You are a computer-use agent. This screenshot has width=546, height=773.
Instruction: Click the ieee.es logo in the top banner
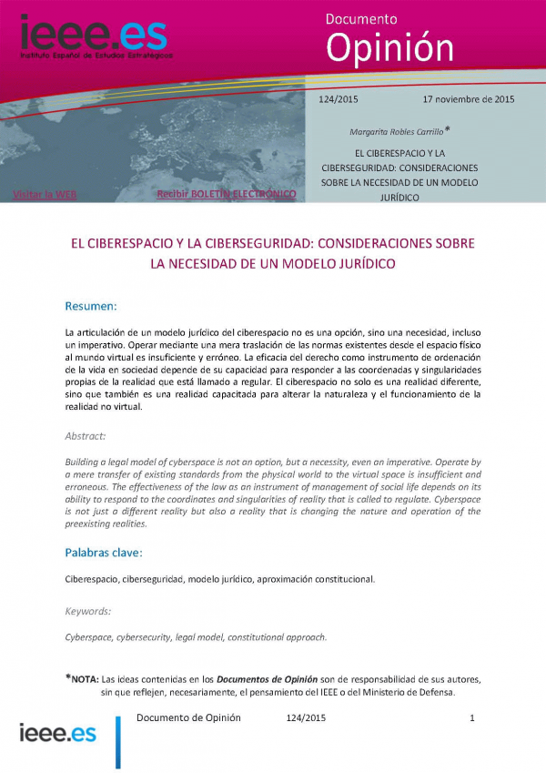tap(91, 36)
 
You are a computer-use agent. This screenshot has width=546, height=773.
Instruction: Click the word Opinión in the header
tap(389, 46)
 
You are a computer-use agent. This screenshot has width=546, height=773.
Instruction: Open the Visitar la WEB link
tap(45, 194)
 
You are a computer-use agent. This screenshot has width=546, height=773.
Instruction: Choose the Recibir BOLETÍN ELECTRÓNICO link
tap(227, 194)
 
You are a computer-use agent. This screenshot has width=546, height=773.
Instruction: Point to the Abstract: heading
tap(86, 436)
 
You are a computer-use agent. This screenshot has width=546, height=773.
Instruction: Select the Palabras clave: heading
tap(103, 553)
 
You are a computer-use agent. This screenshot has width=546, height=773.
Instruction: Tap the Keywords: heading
tap(87, 611)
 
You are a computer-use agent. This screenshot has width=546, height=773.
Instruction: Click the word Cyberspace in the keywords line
tap(88, 637)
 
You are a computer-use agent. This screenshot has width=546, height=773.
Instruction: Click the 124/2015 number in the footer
tap(306, 718)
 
